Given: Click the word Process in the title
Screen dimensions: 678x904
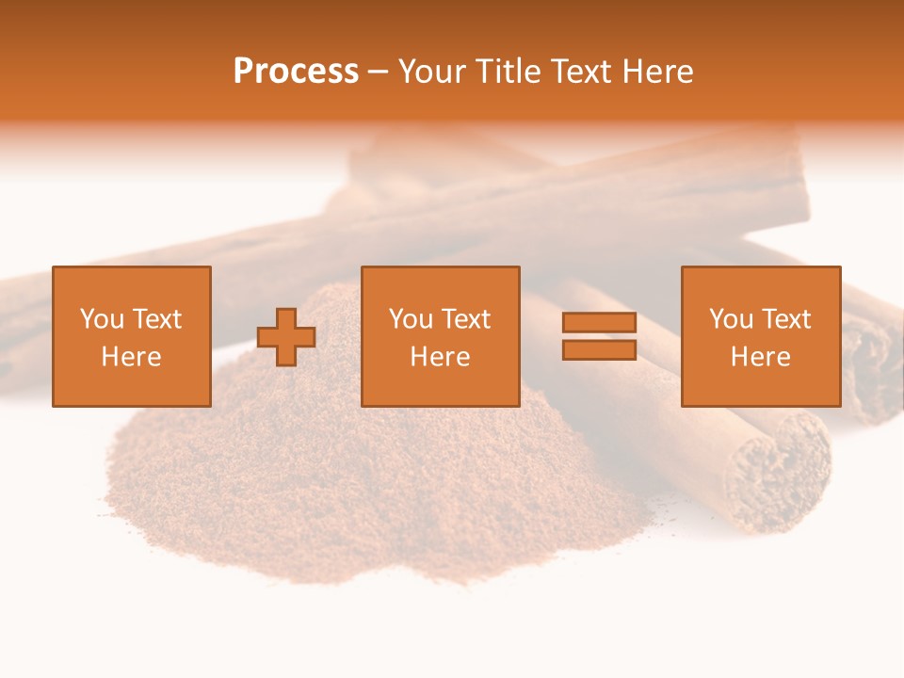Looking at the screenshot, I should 296,72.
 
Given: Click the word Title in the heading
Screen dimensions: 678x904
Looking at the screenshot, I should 509,72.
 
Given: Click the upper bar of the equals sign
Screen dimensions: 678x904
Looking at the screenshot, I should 599,322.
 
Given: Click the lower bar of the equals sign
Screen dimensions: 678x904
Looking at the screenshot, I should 599,350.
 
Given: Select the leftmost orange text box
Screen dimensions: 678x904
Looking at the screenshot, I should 132,336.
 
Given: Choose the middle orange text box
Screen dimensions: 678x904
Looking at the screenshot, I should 441,336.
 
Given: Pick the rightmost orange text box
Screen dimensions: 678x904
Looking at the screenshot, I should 761,336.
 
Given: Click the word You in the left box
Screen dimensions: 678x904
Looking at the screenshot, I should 101,319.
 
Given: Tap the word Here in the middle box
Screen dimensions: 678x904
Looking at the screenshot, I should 441,357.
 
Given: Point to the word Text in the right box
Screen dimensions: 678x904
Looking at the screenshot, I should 785,319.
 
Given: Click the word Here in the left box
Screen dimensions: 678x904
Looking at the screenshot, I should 132,357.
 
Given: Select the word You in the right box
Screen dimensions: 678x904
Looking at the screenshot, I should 730,319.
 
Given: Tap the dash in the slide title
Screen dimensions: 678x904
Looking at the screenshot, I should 378,72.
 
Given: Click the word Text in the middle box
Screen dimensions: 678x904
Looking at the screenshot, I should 465,319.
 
